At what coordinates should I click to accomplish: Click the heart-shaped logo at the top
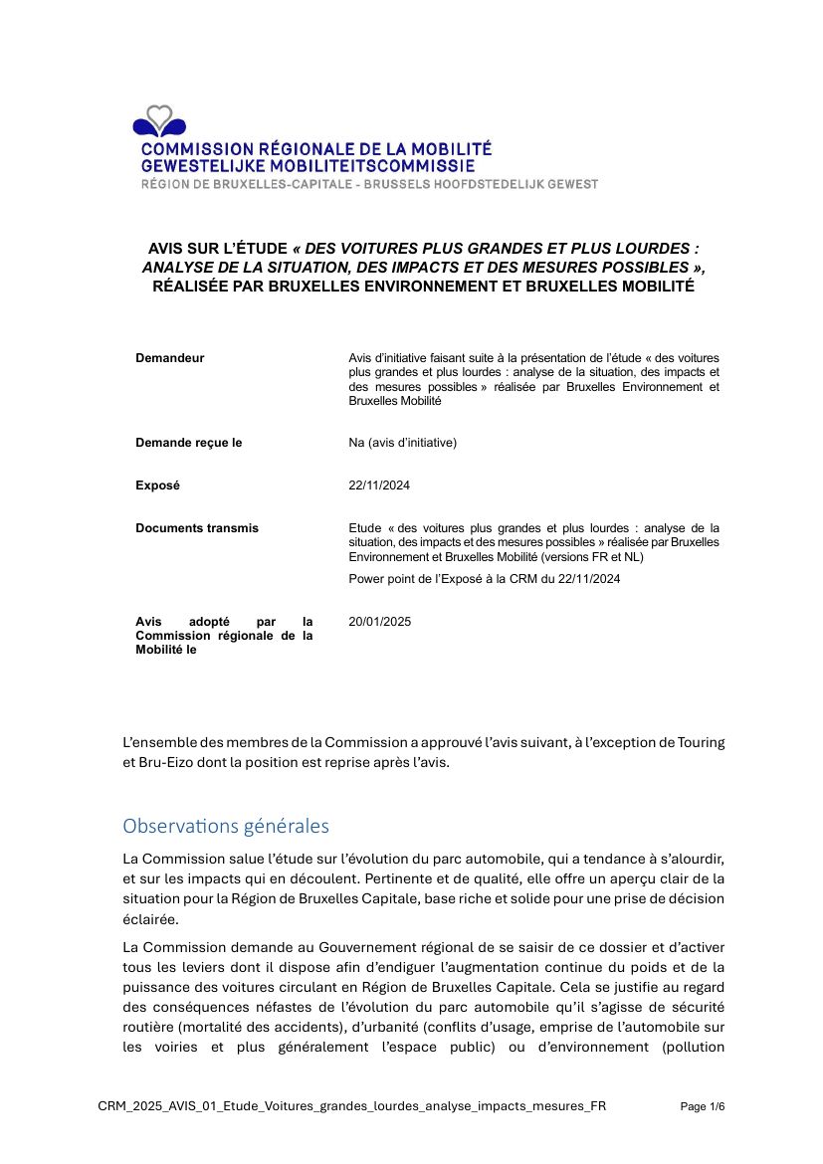pyautogui.click(x=158, y=121)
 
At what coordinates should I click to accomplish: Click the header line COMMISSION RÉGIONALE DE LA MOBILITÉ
pyautogui.click(x=316, y=149)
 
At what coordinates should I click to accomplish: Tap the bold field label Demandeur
pyautogui.click(x=170, y=358)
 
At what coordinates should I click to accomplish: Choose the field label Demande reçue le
pyautogui.click(x=189, y=443)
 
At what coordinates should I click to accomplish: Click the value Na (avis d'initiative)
pyautogui.click(x=402, y=443)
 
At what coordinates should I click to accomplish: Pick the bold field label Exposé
pyautogui.click(x=158, y=485)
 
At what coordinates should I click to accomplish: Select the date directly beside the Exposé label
pyautogui.click(x=379, y=485)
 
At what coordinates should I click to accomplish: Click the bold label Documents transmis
pyautogui.click(x=197, y=528)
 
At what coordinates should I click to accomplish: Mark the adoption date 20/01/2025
pyautogui.click(x=379, y=622)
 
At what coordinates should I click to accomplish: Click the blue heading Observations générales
pyautogui.click(x=225, y=826)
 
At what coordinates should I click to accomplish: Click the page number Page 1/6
pyautogui.click(x=702, y=1106)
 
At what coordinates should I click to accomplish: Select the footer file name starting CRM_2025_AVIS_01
pyautogui.click(x=351, y=1106)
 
